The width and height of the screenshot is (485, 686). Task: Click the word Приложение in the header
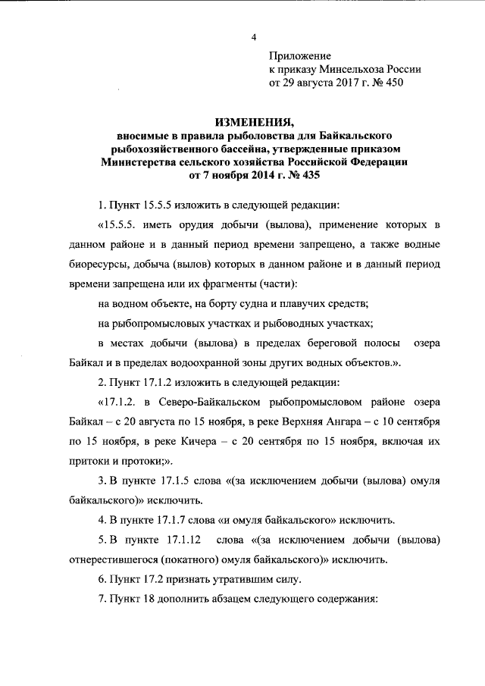pyautogui.click(x=301, y=55)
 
